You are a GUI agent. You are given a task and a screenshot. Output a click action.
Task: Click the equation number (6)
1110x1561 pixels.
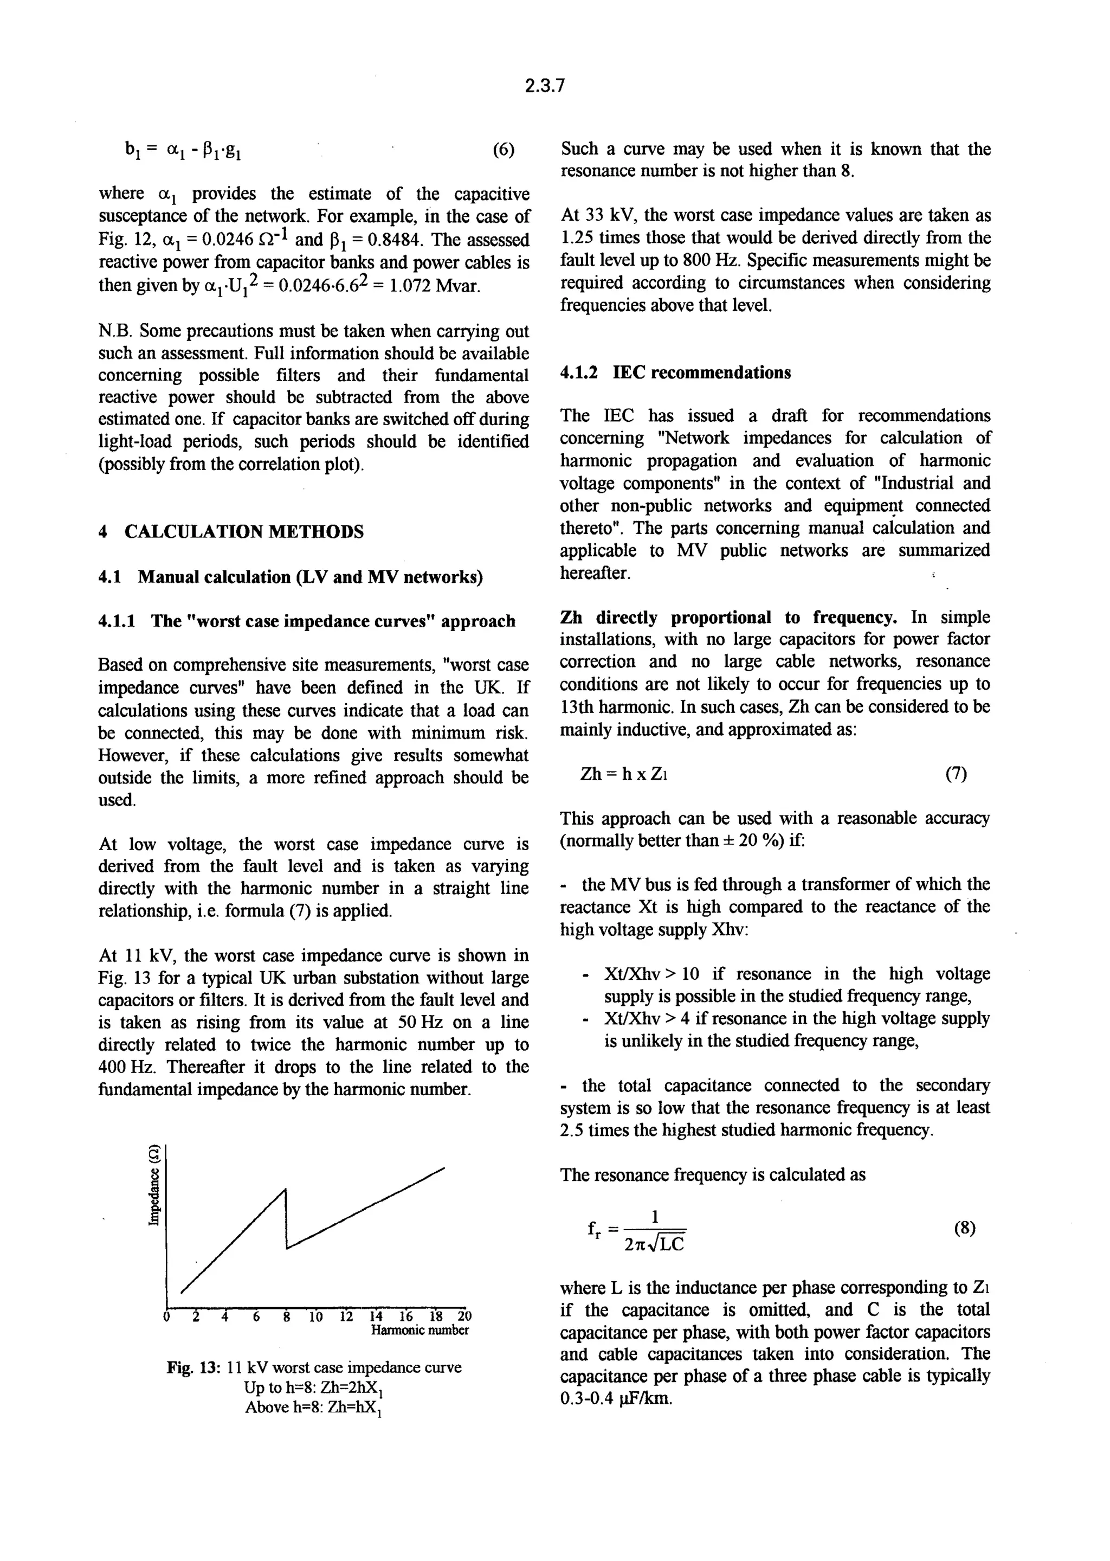pyautogui.click(x=503, y=150)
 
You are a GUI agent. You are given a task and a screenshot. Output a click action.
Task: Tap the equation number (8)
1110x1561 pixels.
pyautogui.click(x=964, y=1228)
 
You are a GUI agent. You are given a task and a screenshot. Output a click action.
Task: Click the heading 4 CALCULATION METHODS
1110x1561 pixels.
pyautogui.click(x=231, y=532)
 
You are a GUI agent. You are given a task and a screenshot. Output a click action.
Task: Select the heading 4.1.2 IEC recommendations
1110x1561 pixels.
pyautogui.click(x=675, y=372)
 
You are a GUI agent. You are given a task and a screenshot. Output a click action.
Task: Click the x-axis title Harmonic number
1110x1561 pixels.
pyautogui.click(x=420, y=1329)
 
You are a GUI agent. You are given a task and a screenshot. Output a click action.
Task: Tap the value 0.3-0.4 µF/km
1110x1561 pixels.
pyautogui.click(x=615, y=1398)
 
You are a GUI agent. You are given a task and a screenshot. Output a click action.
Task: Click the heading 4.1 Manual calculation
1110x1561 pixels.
pyautogui.click(x=291, y=577)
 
